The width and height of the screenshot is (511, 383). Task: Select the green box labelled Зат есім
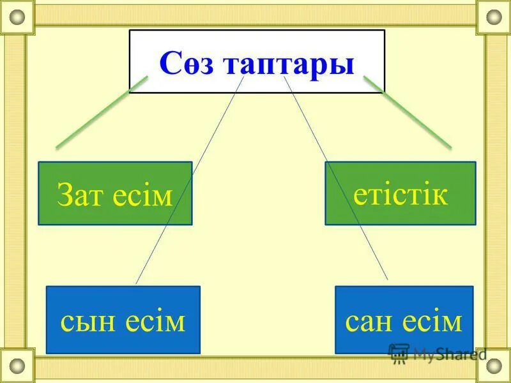pyautogui.click(x=115, y=193)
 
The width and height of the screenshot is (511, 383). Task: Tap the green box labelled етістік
pyautogui.click(x=400, y=193)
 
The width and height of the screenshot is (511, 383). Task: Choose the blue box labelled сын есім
pyautogui.click(x=123, y=320)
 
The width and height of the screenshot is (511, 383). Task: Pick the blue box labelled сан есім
pyautogui.click(x=404, y=320)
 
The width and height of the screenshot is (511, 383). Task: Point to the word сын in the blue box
pyautogui.click(x=87, y=322)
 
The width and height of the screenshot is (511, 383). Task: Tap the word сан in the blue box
pyautogui.click(x=370, y=322)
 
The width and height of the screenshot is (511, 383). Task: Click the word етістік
pyautogui.click(x=400, y=193)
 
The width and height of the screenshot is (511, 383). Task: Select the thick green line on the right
pyautogui.click(x=408, y=112)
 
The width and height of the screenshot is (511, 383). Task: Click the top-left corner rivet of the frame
pyautogui.click(x=17, y=17)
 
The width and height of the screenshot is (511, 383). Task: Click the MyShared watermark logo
pyautogui.click(x=437, y=353)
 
